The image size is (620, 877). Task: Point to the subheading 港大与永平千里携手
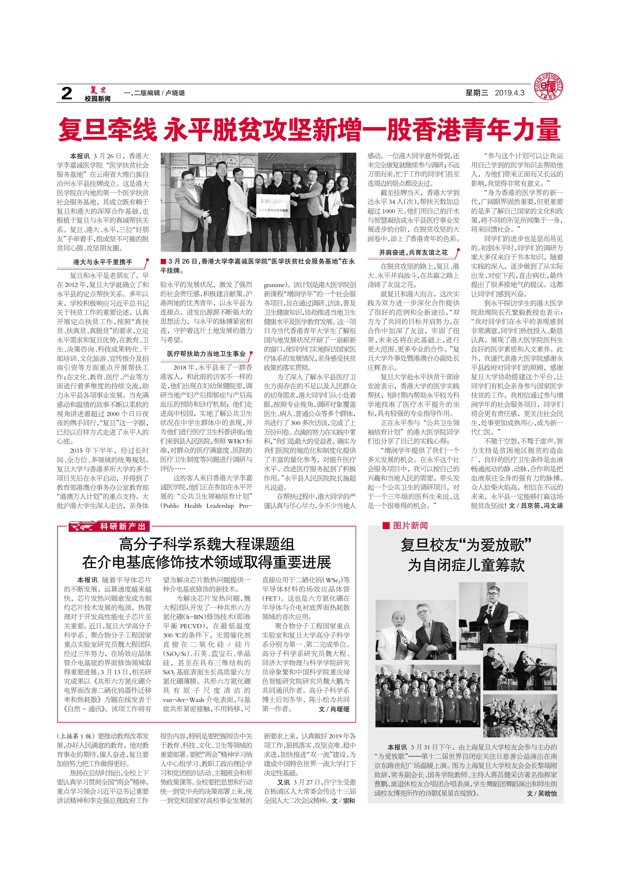pyautogui.click(x=102, y=262)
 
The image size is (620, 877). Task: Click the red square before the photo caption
pyautogui.click(x=163, y=261)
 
